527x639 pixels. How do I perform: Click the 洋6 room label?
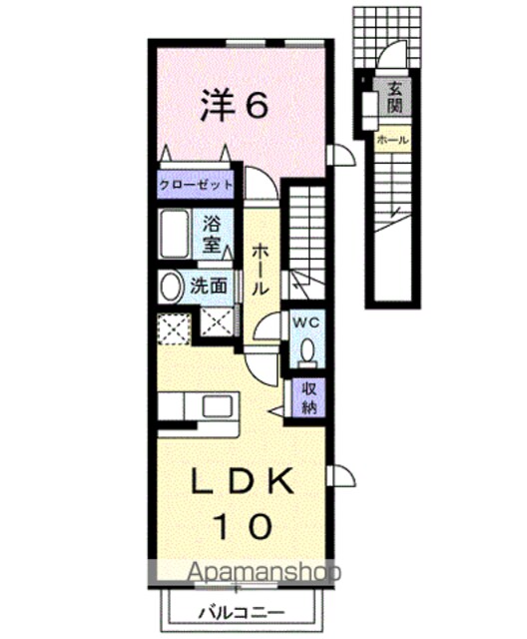click(235, 106)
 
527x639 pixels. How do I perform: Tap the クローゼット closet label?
click(196, 185)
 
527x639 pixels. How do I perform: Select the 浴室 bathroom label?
click(212, 234)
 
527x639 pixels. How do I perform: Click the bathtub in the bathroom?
click(175, 234)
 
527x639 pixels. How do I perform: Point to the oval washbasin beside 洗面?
click(171, 287)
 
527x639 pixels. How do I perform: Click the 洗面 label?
click(209, 287)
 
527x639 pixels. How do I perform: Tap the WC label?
click(307, 322)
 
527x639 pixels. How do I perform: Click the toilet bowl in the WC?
click(307, 350)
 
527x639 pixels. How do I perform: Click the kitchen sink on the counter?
click(218, 406)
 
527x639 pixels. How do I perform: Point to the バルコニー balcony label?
click(242, 612)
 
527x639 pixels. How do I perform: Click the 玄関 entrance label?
click(395, 97)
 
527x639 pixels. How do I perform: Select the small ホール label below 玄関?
click(392, 140)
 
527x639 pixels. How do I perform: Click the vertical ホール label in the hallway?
click(261, 270)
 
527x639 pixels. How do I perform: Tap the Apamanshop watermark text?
click(263, 572)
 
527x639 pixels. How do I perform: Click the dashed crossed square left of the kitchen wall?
click(175, 329)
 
